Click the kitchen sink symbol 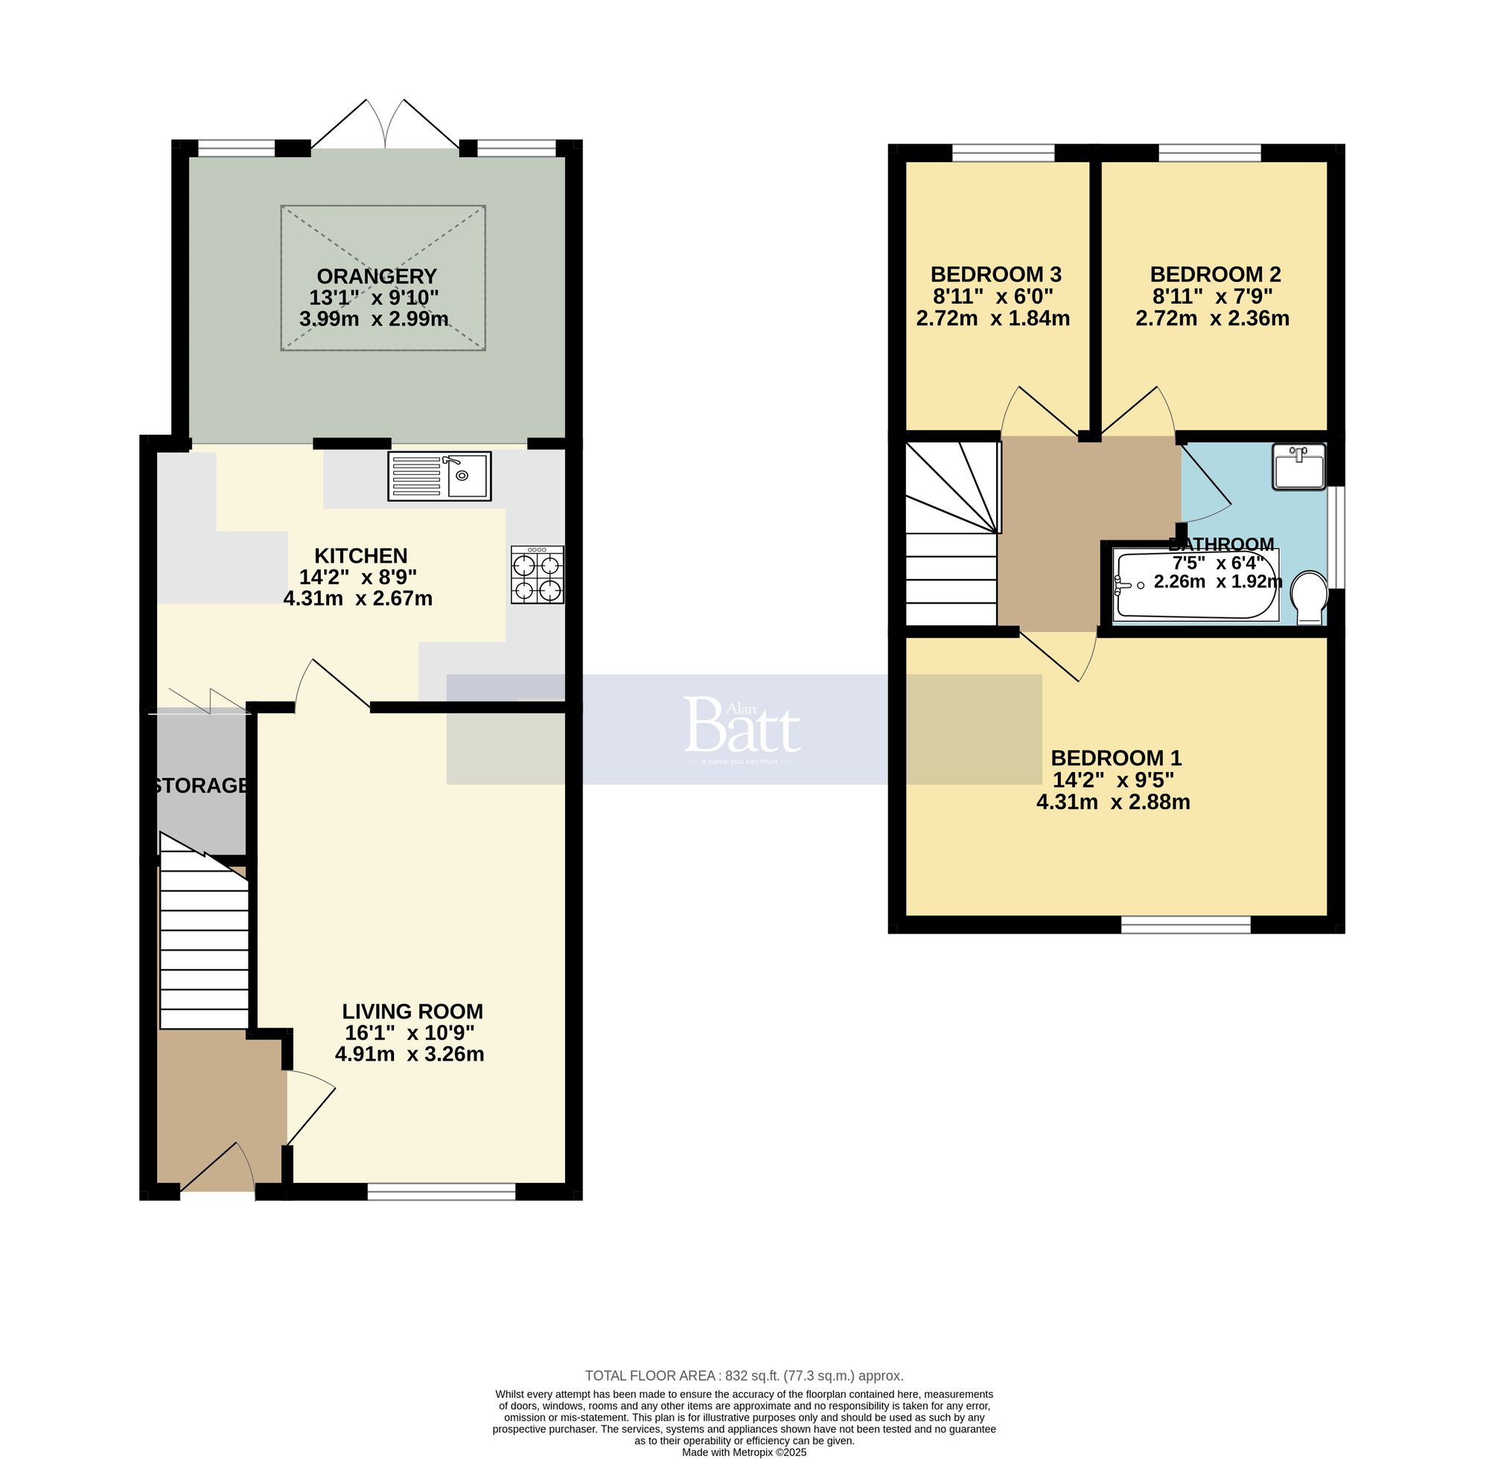pyautogui.click(x=439, y=476)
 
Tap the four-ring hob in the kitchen pyautogui.click(x=538, y=575)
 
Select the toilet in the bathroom pyautogui.click(x=1309, y=597)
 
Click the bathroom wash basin pyautogui.click(x=1298, y=467)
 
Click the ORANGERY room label pyautogui.click(x=376, y=276)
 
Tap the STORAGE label pyautogui.click(x=201, y=785)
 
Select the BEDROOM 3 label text pyautogui.click(x=995, y=275)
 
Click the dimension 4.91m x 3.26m pyautogui.click(x=409, y=1053)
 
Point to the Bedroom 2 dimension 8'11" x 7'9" pyautogui.click(x=1214, y=296)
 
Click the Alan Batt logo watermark pyautogui.click(x=741, y=727)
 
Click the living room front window pyautogui.click(x=441, y=1191)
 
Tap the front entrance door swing pyautogui.click(x=217, y=1168)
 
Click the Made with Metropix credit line pyautogui.click(x=743, y=1452)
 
